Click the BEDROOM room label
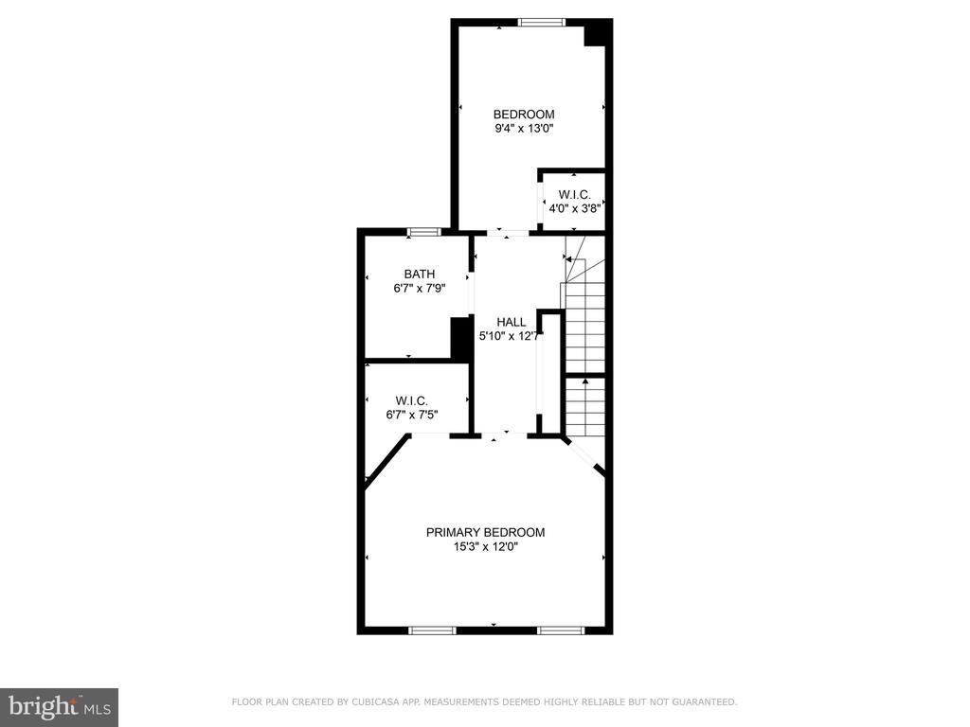(523, 115)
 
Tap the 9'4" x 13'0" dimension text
(523, 129)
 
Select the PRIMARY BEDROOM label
(486, 532)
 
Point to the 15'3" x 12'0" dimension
(486, 546)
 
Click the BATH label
(420, 274)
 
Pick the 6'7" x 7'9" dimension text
(420, 288)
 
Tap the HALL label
(512, 322)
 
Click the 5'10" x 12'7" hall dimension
(512, 336)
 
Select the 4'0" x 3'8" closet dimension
(575, 208)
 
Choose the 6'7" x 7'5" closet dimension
(412, 415)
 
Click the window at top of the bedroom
(542, 23)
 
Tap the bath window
(424, 232)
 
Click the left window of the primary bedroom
(432, 630)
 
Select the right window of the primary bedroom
(561, 630)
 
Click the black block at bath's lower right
(460, 338)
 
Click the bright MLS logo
(60, 706)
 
